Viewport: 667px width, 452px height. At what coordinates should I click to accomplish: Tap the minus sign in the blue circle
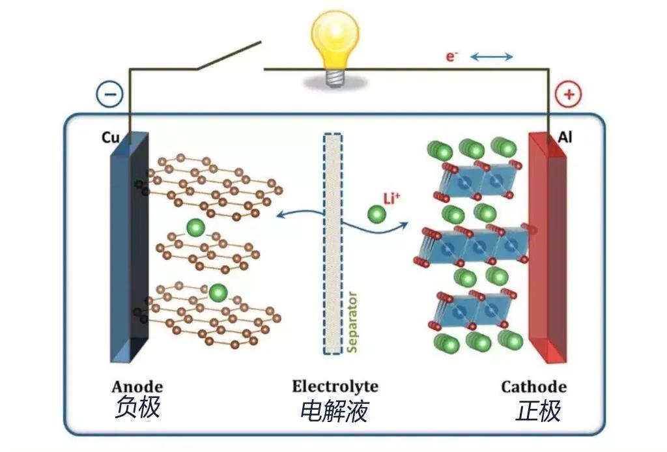click(109, 95)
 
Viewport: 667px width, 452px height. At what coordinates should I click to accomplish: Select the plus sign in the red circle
click(568, 95)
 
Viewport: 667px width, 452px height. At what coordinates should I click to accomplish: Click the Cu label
click(110, 139)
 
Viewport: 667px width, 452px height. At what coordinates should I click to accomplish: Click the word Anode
click(137, 386)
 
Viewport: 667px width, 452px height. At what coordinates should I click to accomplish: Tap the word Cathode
click(533, 386)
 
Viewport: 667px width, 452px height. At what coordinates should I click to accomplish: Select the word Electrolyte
click(335, 386)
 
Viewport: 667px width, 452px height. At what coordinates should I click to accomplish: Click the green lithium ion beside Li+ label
click(376, 214)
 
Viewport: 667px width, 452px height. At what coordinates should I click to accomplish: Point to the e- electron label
click(451, 57)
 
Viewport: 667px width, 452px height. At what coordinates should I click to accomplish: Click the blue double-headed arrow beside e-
click(491, 57)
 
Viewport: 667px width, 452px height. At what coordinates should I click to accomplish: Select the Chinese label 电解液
click(334, 410)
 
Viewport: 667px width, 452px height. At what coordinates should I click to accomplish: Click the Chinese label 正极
click(538, 411)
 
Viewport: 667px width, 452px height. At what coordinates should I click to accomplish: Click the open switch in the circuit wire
click(228, 56)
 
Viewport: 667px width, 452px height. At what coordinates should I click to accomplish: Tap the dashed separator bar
click(332, 244)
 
